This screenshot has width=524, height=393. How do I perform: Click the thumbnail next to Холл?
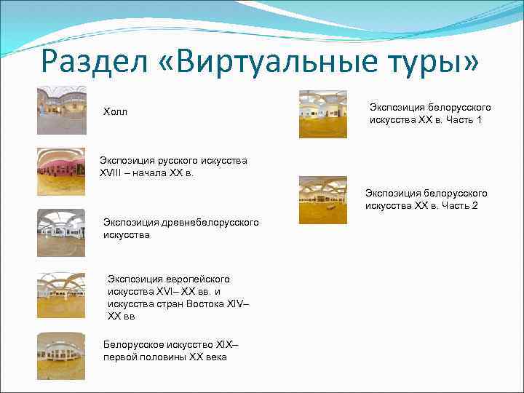61,111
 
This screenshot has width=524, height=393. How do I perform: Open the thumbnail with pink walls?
61,172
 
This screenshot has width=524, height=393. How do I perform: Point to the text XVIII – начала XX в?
147,173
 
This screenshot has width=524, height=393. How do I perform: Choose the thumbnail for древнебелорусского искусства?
61,233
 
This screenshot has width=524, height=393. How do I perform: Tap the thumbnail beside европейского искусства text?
61,295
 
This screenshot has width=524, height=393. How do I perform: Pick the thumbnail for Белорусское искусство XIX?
61,356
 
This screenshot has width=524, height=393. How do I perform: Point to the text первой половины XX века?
164,357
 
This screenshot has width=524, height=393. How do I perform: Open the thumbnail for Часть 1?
322,114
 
